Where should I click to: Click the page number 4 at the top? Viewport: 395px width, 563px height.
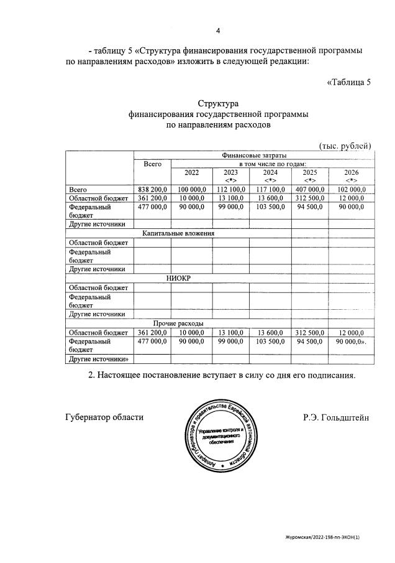coord(218,30)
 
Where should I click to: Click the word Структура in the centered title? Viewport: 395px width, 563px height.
coord(218,103)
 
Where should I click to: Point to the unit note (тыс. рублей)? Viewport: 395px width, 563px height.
coord(345,146)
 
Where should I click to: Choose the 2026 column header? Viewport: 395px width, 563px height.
coord(351,172)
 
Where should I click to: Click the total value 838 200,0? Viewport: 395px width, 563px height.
coord(152,189)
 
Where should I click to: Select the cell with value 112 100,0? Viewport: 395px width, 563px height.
coord(231,189)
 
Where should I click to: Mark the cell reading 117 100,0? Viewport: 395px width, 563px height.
coord(270,189)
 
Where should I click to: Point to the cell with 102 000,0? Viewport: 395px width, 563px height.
coord(351,189)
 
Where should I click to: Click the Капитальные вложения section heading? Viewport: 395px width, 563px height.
coord(178,233)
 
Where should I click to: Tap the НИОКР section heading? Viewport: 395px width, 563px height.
coord(178,278)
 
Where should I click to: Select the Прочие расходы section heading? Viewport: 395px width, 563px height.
coord(178,323)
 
